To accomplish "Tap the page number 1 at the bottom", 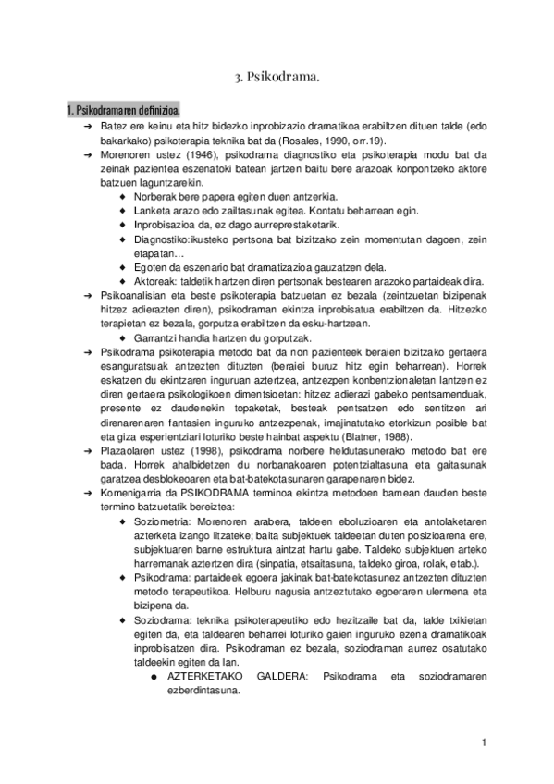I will pos(484,742).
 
